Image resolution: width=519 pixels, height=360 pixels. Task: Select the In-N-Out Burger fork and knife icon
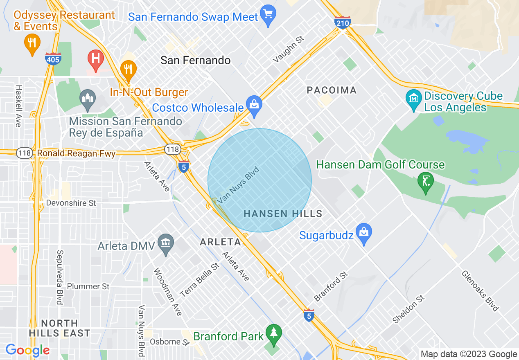click(128, 68)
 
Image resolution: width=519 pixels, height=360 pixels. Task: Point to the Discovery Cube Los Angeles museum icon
click(414, 99)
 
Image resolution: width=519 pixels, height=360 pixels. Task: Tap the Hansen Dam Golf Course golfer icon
click(426, 180)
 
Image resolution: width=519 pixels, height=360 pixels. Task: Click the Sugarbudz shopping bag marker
click(363, 232)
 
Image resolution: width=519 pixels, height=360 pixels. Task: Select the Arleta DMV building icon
click(166, 243)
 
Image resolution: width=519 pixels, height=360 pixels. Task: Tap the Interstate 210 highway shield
click(342, 22)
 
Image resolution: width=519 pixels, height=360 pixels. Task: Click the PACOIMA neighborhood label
click(332, 90)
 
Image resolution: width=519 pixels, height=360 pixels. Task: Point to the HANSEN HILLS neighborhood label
click(283, 214)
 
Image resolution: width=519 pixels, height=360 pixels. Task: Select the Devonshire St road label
click(71, 203)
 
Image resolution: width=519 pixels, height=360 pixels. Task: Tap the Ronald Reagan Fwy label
click(76, 153)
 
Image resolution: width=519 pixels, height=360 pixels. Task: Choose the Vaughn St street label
click(289, 49)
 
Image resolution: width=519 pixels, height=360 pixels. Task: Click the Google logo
click(27, 350)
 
